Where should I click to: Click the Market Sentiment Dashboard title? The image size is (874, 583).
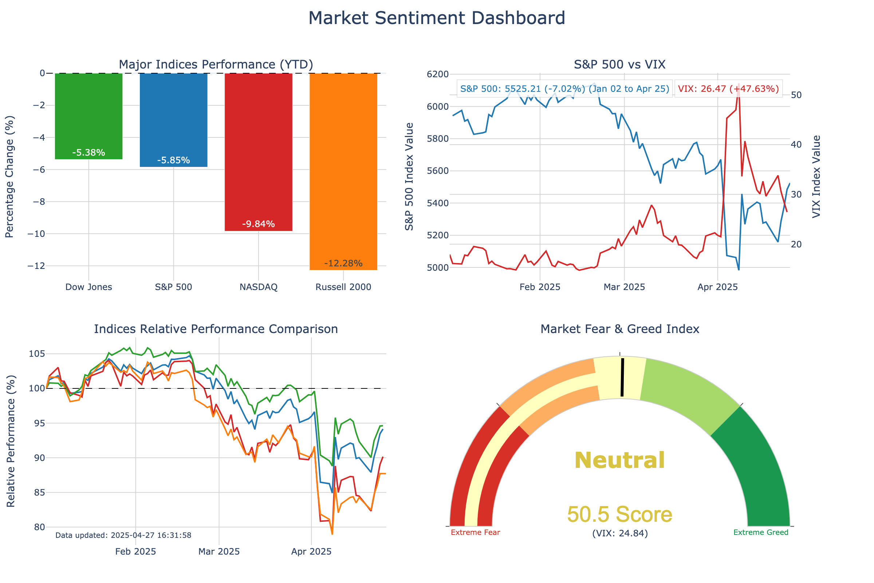coord(437,18)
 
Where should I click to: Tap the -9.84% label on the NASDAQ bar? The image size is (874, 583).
coord(258,224)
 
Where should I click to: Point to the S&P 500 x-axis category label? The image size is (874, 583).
coord(174,287)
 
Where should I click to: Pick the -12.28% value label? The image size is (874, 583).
coord(343,263)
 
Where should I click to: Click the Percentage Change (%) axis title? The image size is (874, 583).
coord(10,177)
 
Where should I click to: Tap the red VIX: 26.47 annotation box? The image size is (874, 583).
coord(728,89)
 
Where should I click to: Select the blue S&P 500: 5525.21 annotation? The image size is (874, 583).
coord(564,89)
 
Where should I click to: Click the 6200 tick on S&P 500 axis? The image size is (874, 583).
coord(438,74)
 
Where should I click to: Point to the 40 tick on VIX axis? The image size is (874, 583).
coord(796,145)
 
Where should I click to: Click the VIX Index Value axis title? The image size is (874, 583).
coord(816,177)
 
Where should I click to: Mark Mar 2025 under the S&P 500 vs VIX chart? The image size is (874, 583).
coord(624,287)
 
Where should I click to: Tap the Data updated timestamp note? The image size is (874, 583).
coord(123,535)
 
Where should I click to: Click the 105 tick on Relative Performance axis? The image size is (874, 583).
coord(37,353)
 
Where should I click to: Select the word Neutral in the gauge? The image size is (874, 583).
coord(619,460)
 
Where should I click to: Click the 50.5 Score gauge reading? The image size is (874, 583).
coord(619,514)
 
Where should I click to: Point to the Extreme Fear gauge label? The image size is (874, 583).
coord(475,532)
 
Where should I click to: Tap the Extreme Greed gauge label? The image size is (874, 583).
coord(761,532)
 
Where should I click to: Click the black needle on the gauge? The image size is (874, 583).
coord(622,377)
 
